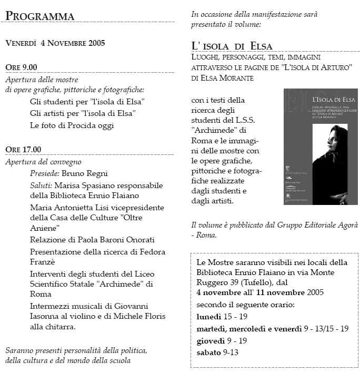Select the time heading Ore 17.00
coord(23,149)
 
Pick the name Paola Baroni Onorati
coord(115,240)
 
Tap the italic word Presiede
coord(44,173)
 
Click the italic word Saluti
coord(41,185)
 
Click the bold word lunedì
coord(209,317)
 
